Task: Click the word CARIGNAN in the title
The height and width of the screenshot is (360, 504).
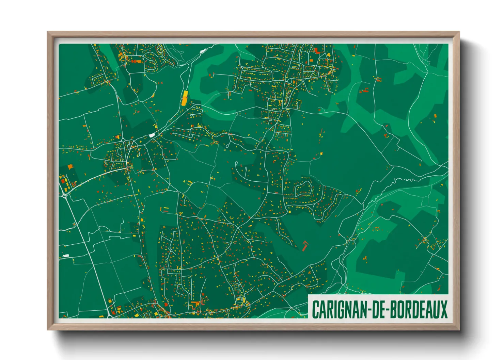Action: coord(337,309)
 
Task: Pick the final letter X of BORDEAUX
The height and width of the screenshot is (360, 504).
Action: coord(443,309)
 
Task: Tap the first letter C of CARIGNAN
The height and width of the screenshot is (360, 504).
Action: coord(315,309)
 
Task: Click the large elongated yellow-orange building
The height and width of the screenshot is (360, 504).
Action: coord(185,98)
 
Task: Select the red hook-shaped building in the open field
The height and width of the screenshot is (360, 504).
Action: coord(305,245)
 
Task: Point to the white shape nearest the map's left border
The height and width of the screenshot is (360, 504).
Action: coord(65,256)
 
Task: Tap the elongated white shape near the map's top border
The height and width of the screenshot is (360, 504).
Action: coord(203,51)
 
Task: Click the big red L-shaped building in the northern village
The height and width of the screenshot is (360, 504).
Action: coord(317,51)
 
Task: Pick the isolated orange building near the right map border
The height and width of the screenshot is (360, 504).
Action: coord(435,117)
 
